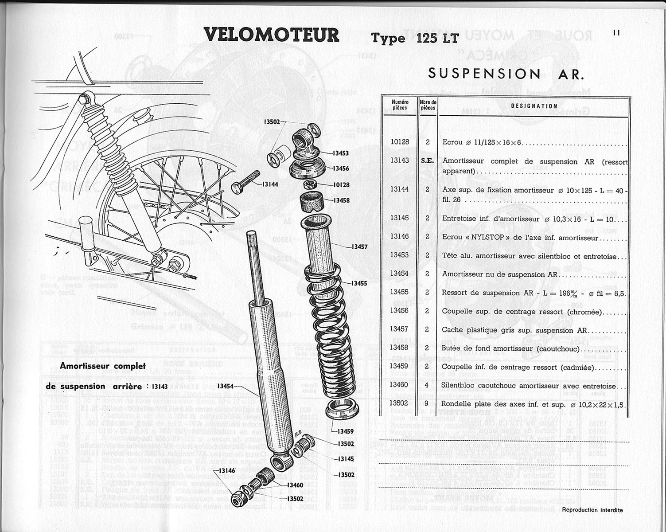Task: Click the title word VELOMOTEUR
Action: (271, 35)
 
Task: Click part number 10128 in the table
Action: (400, 142)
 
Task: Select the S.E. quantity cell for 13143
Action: (428, 161)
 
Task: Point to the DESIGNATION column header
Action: (534, 106)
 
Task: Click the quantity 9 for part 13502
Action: (427, 403)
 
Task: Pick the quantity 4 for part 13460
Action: (427, 385)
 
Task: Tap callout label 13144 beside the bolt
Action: (270, 184)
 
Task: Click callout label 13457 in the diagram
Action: (359, 247)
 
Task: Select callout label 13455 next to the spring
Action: (359, 283)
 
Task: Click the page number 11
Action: (616, 32)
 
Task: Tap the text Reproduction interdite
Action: (592, 510)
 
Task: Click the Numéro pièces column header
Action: (400, 105)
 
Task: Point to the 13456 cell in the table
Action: (399, 311)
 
